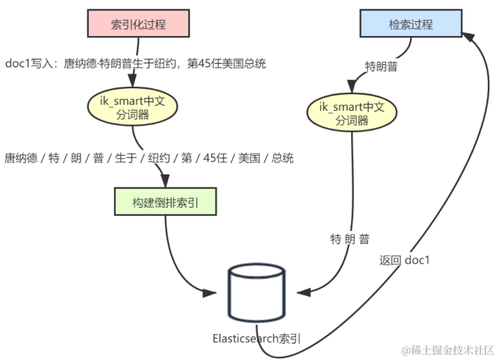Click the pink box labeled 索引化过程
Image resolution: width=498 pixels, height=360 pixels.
[x=138, y=25]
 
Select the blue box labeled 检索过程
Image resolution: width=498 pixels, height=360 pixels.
[x=411, y=24]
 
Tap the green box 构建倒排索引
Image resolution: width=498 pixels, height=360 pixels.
[x=166, y=200]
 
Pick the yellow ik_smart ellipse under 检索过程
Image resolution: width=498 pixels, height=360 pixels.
[x=352, y=113]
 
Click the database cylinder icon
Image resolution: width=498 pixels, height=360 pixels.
[x=256, y=293]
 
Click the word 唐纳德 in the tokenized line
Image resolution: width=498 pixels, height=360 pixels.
[x=21, y=158]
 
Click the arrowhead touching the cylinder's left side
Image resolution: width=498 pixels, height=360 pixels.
[x=212, y=292]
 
